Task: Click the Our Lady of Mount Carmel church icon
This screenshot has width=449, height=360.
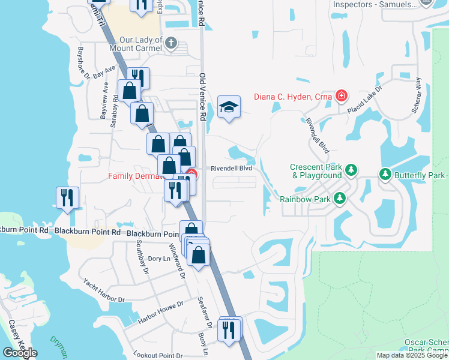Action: pyautogui.click(x=172, y=43)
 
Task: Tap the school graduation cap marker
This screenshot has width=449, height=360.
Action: pyautogui.click(x=228, y=107)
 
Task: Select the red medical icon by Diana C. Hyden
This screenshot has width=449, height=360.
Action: pyautogui.click(x=342, y=95)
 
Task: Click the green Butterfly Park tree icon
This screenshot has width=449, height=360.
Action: pyautogui.click(x=385, y=175)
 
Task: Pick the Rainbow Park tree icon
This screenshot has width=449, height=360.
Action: pyautogui.click(x=340, y=197)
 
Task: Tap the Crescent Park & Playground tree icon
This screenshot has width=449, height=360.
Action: pyautogui.click(x=351, y=171)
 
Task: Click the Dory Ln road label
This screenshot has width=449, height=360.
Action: pyautogui.click(x=155, y=258)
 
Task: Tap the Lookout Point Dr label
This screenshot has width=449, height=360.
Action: pyautogui.click(x=158, y=355)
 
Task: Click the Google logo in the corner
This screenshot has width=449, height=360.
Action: pyautogui.click(x=20, y=353)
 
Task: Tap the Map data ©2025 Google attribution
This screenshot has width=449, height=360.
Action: pyautogui.click(x=412, y=355)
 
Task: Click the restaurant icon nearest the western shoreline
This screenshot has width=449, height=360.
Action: pyautogui.click(x=68, y=198)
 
